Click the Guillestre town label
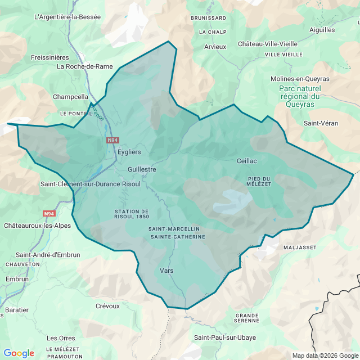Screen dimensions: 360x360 coord(142,169)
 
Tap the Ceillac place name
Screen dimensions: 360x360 coord(246,160)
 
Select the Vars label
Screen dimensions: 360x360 coord(166,271)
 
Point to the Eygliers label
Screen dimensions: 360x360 coord(129,152)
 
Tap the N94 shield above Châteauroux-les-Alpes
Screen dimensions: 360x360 coord(49,214)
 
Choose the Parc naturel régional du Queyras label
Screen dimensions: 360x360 coord(299,96)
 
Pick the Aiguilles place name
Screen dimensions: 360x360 coord(322,30)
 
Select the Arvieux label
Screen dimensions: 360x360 coord(215,47)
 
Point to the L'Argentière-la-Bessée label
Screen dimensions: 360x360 coord(67,17)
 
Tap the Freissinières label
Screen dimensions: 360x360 coord(49,57)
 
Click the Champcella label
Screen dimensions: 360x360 coord(70,97)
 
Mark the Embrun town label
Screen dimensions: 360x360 coord(17,279)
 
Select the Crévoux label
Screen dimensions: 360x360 coord(107,306)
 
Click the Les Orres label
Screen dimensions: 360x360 coord(61,338)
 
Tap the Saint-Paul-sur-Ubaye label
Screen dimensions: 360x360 coord(225,337)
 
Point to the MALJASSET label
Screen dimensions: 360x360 coord(300,247)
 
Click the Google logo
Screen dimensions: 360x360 coord(19,353)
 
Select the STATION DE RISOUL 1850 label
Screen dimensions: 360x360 coord(131,214)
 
